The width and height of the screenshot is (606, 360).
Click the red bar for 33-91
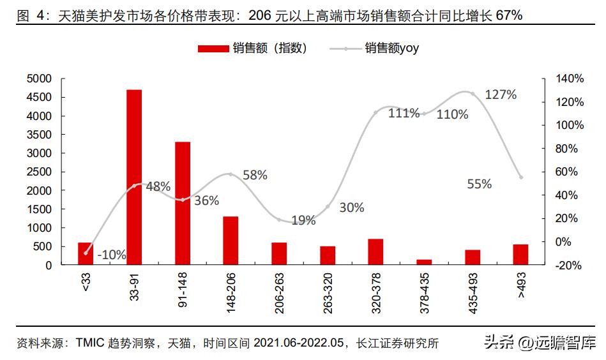(x=134, y=177)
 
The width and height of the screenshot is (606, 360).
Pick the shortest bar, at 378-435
(x=424, y=262)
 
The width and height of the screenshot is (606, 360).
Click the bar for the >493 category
(x=520, y=254)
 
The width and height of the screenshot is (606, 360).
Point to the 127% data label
(x=501, y=94)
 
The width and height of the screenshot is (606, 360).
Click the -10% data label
(x=111, y=255)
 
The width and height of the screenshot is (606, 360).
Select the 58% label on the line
(x=255, y=175)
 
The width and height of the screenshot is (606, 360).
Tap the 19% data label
(x=303, y=221)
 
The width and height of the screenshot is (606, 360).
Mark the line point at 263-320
(x=328, y=206)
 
